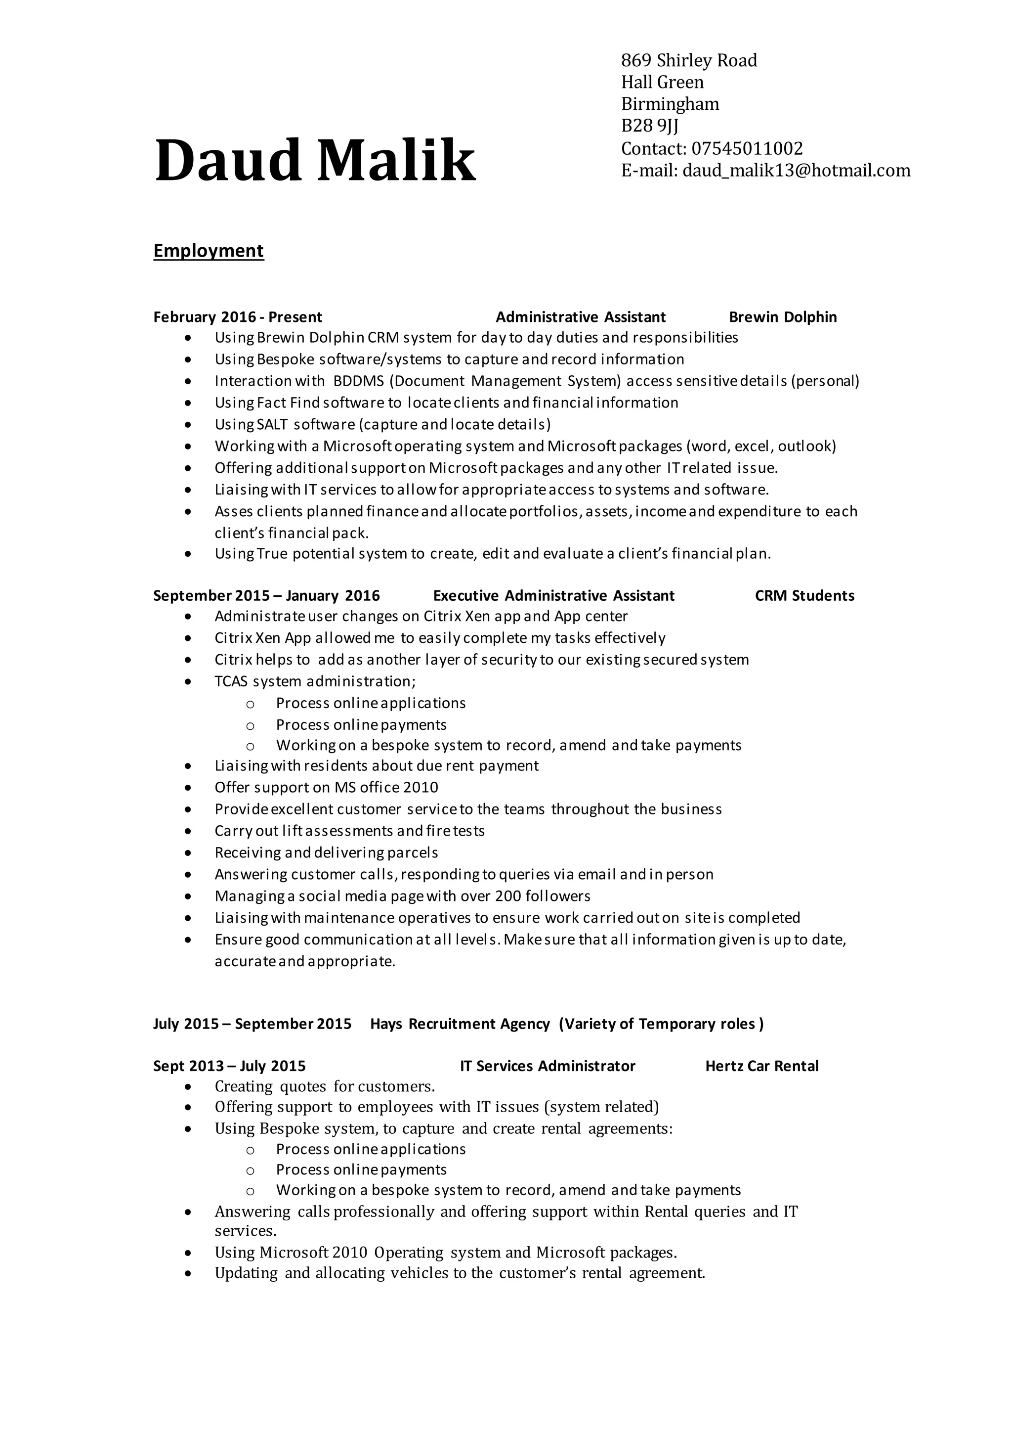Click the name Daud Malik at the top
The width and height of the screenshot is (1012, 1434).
315,161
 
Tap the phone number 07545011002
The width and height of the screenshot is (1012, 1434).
747,149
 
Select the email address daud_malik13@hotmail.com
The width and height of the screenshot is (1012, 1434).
796,171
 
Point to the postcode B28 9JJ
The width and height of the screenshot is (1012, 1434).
649,126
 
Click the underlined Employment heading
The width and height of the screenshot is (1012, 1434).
209,251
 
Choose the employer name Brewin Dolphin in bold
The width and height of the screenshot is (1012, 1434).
782,317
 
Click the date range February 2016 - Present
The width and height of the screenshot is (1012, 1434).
238,317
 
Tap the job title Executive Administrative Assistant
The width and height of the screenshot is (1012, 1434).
554,596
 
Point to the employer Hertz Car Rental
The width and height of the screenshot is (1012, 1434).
761,1066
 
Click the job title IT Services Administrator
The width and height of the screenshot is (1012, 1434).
548,1066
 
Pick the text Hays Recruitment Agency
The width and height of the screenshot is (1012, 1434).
460,1024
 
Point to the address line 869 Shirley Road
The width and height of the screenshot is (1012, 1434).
689,61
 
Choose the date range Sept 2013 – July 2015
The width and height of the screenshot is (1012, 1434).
229,1066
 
